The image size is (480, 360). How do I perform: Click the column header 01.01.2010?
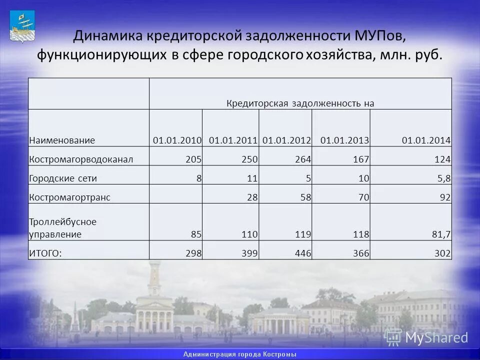pos(177,140)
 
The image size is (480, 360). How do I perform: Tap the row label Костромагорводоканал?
pos(81,159)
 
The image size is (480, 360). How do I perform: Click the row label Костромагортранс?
pos(69,197)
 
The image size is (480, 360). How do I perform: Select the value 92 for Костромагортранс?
pos(445,197)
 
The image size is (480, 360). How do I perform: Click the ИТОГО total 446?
pos(303,253)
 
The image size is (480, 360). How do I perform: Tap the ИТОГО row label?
pos(45,253)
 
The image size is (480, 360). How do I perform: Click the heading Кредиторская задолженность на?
pos(300,103)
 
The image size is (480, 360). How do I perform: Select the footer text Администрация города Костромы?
pos(240,354)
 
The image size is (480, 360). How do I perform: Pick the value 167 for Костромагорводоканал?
pos(361,159)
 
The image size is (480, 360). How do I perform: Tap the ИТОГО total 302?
pos(442,253)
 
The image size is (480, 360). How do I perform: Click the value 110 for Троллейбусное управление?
pos(249,234)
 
